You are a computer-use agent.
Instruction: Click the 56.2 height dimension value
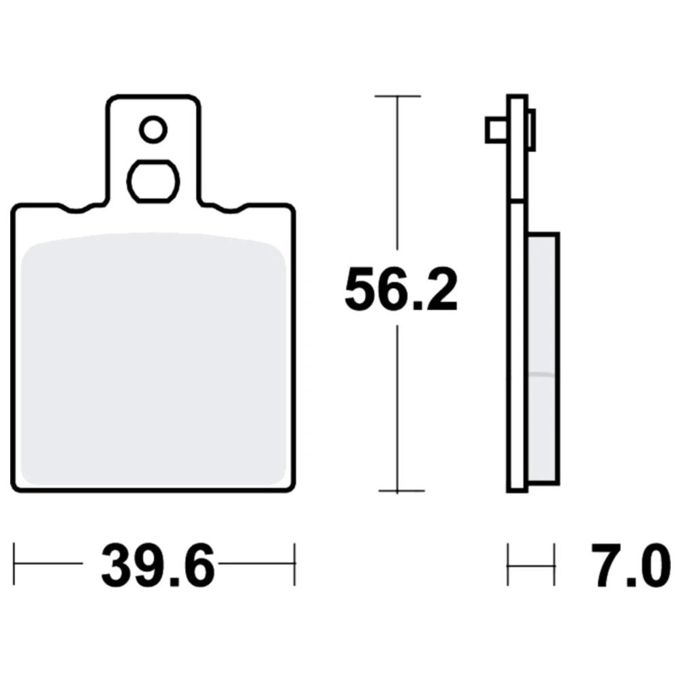pyautogui.click(x=401, y=289)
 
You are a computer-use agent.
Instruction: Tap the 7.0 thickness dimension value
pyautogui.click(x=630, y=565)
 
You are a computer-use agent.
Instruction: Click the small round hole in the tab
pyautogui.click(x=153, y=129)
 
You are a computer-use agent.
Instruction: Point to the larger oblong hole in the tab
pyautogui.click(x=153, y=182)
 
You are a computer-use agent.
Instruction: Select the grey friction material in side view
pyautogui.click(x=543, y=358)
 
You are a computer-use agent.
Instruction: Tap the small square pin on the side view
pyautogui.click(x=496, y=130)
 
